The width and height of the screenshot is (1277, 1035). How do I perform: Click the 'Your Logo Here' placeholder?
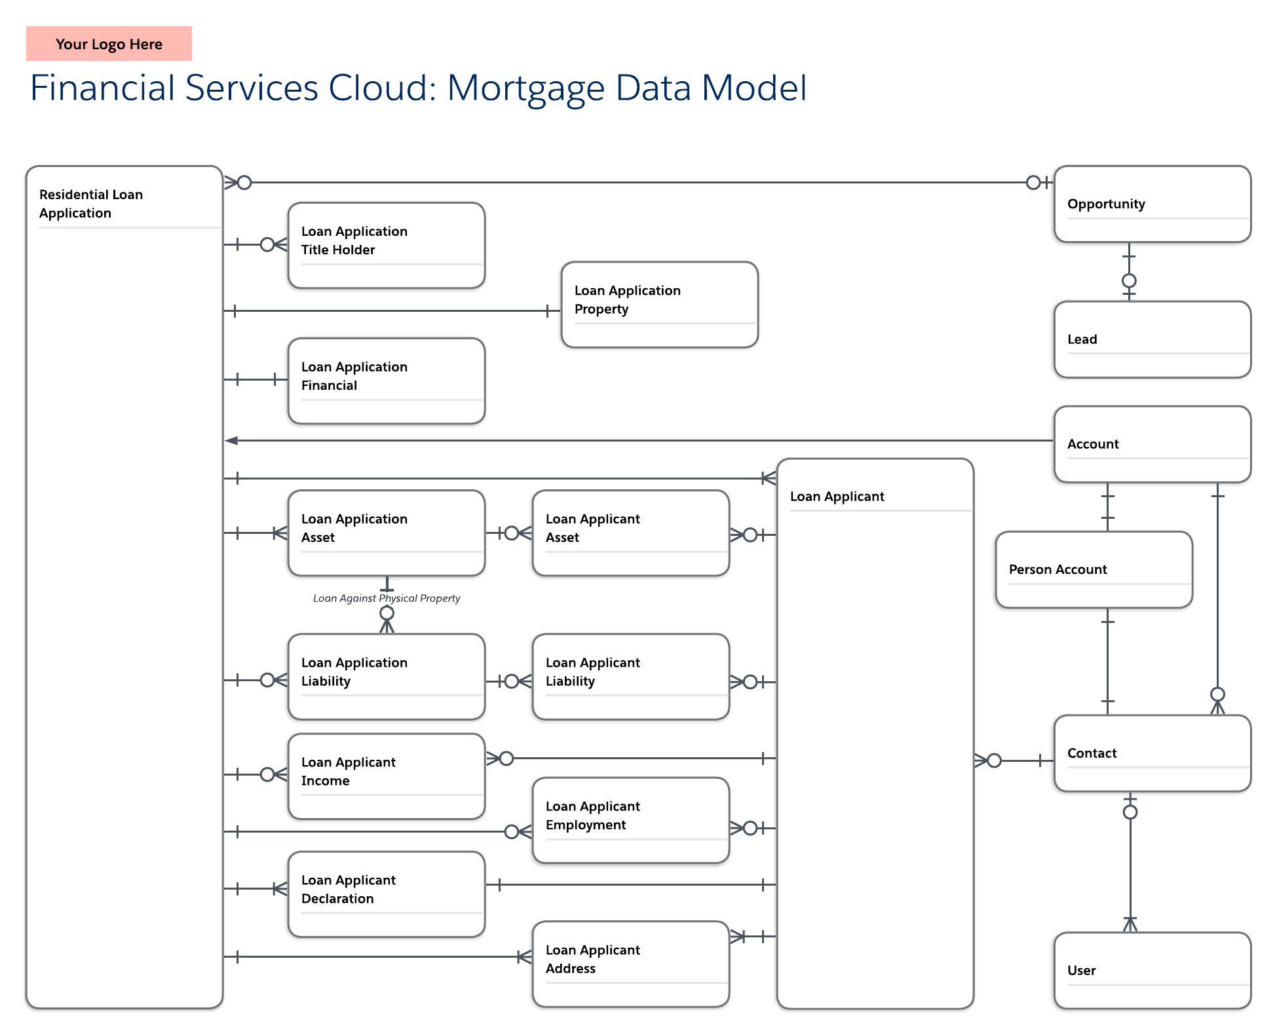[x=109, y=44]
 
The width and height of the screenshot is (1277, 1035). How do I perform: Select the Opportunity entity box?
[x=1152, y=204]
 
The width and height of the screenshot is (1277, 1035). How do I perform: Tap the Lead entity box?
[x=1152, y=339]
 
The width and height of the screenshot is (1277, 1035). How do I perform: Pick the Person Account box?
[x=1093, y=569]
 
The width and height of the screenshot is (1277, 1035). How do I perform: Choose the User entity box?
[x=1152, y=970]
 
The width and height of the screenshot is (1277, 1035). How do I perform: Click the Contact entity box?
[x=1152, y=753]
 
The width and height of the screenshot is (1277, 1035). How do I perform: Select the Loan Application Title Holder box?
[x=386, y=245]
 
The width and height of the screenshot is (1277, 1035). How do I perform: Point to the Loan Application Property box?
[x=659, y=305]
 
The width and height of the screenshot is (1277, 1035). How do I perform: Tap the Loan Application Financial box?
[x=386, y=381]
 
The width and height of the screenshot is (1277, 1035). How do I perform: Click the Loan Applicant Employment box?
[x=630, y=820]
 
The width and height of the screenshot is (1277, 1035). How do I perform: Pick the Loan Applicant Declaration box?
[x=386, y=894]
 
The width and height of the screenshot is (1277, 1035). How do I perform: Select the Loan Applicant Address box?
[x=630, y=964]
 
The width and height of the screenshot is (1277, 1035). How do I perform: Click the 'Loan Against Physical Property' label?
[x=387, y=598]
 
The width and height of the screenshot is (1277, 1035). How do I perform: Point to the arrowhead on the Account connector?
[x=231, y=440]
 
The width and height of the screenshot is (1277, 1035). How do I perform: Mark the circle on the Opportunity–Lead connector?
[x=1128, y=281]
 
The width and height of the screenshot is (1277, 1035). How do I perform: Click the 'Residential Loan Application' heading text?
[x=91, y=204]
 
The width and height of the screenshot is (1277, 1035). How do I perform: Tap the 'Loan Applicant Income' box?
[x=386, y=776]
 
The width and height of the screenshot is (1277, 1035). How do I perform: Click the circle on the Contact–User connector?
[x=1130, y=812]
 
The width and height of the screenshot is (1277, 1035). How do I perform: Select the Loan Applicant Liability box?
[x=630, y=676]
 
